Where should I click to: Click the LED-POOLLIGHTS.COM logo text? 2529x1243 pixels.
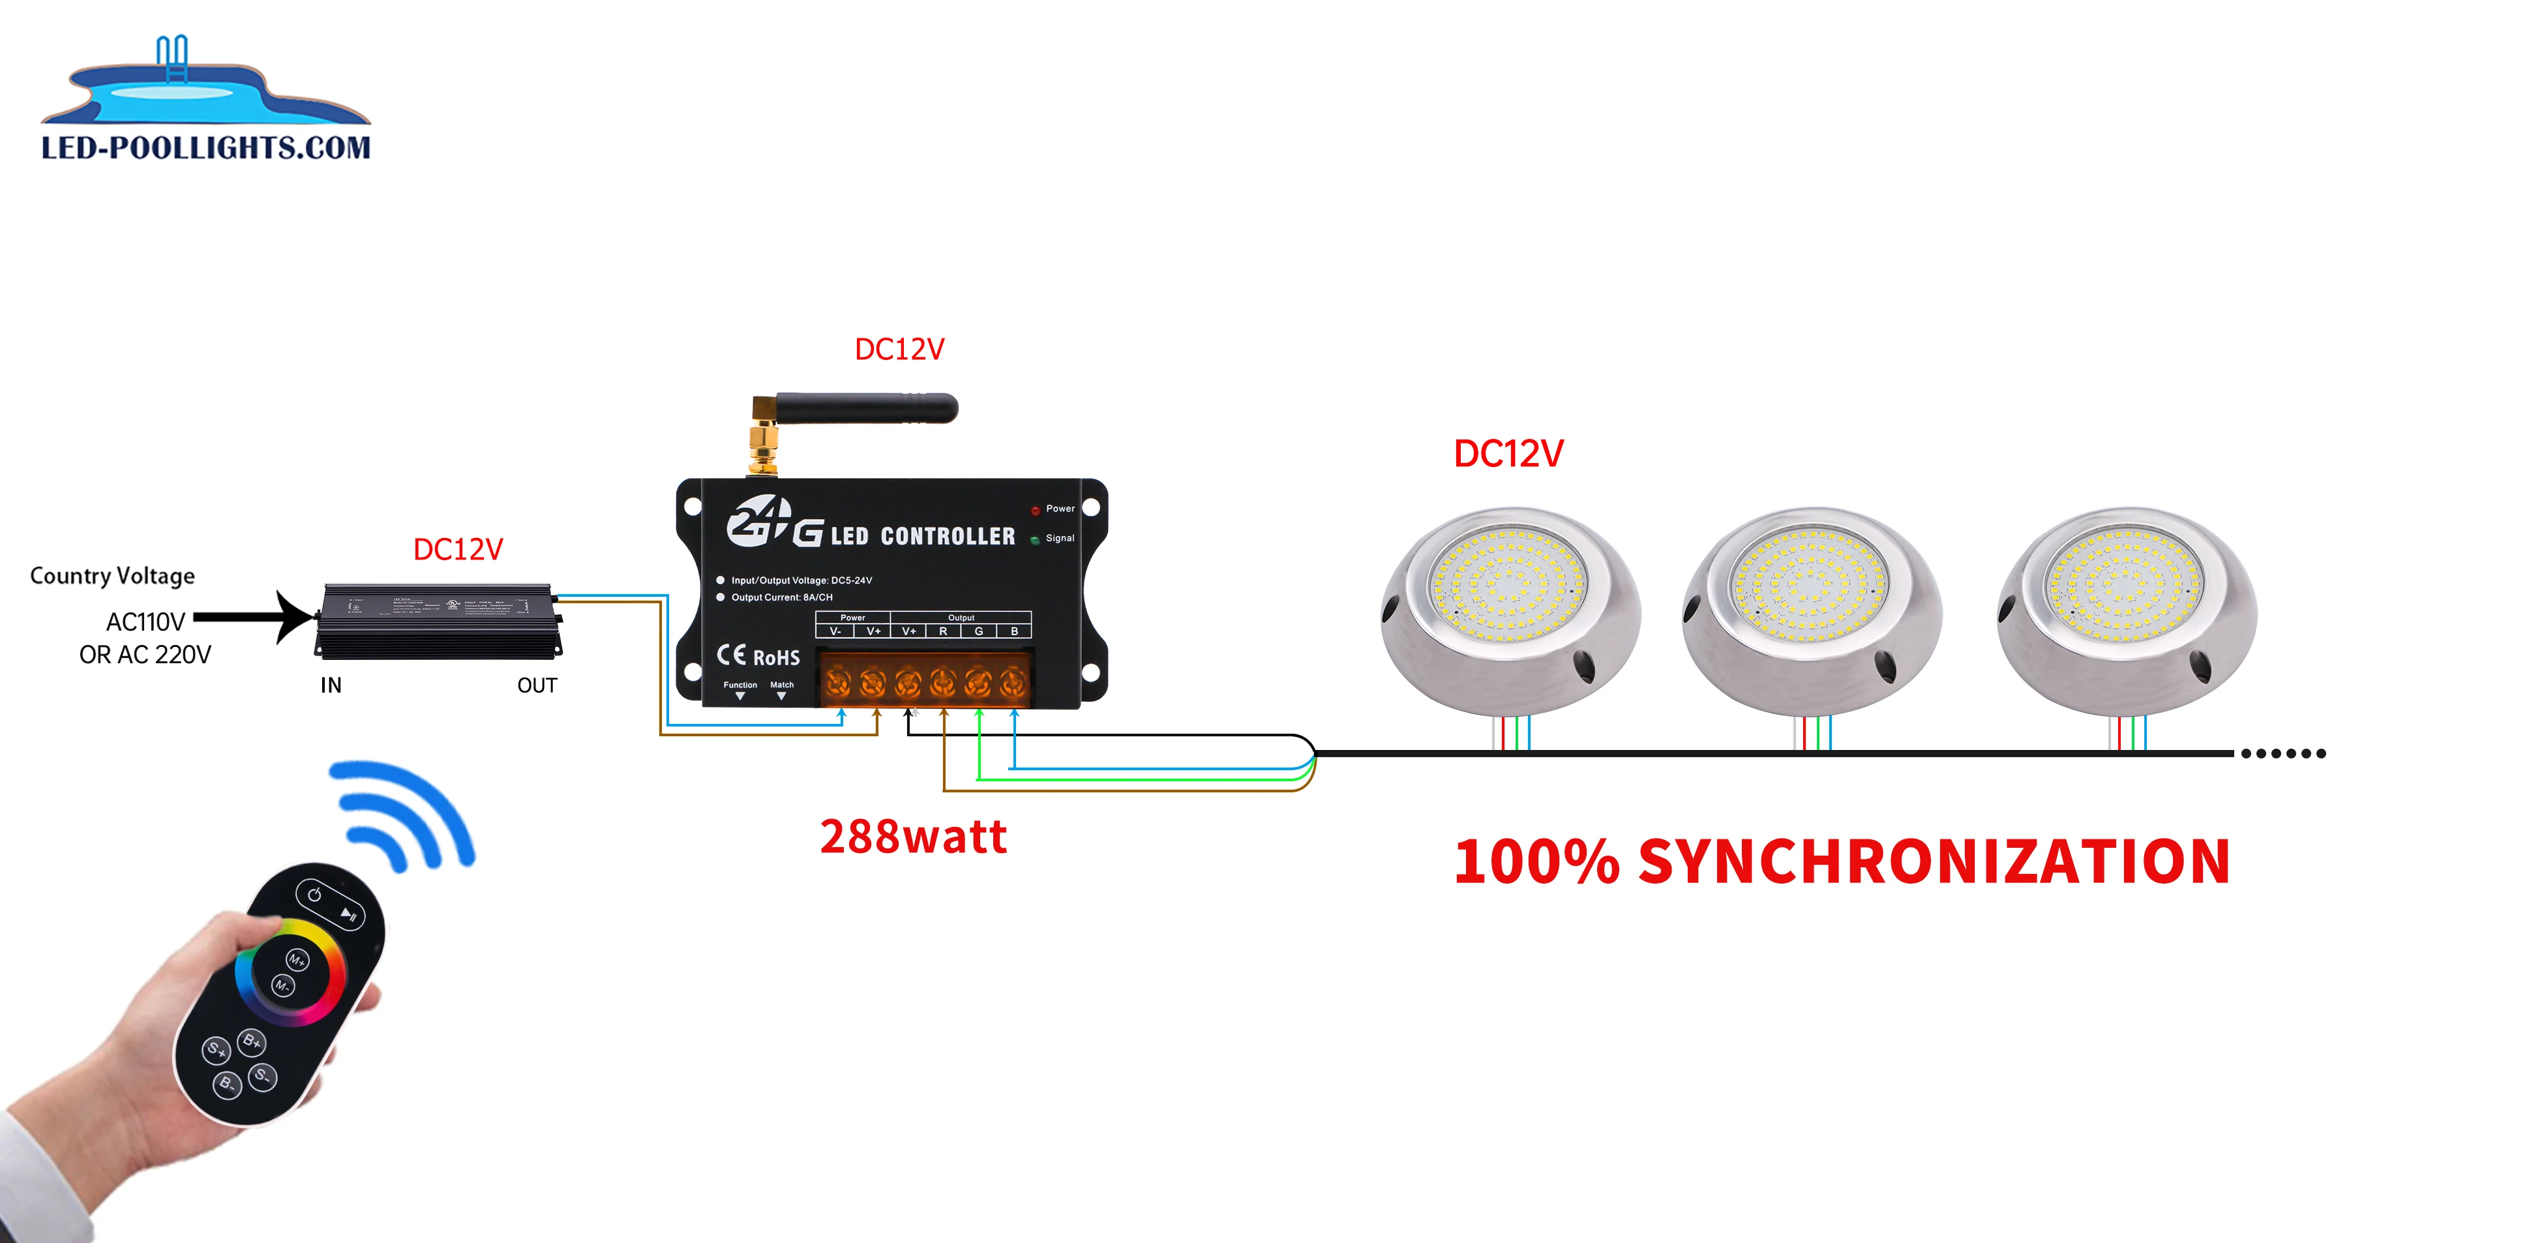(x=206, y=147)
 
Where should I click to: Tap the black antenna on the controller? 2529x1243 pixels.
(x=864, y=408)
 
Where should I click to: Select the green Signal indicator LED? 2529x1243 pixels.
(x=1035, y=540)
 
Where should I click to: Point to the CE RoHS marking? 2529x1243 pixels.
(x=758, y=656)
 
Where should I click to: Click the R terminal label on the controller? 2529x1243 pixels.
(x=944, y=631)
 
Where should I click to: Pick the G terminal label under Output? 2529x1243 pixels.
(x=979, y=631)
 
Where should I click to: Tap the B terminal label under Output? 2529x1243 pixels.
(x=1014, y=631)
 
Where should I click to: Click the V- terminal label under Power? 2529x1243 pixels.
(x=835, y=631)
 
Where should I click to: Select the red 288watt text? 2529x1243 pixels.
(x=913, y=837)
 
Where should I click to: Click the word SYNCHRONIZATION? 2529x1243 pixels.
(x=1934, y=861)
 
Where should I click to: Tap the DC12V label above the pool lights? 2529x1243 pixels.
(x=1508, y=454)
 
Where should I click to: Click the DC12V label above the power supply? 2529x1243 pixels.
(x=458, y=549)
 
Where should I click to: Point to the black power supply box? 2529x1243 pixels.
(x=438, y=620)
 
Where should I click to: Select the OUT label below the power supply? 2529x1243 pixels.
(x=537, y=685)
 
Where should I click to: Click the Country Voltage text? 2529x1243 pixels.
(x=112, y=575)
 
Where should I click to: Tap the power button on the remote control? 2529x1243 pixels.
(x=314, y=895)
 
